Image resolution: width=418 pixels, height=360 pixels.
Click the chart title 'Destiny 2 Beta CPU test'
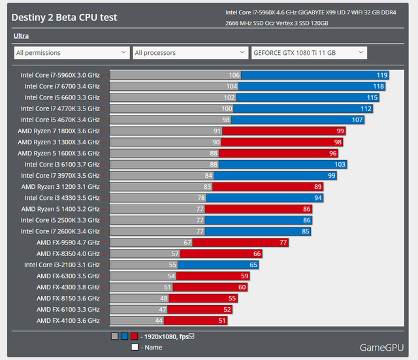(64, 18)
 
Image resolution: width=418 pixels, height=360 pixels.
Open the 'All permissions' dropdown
(72, 53)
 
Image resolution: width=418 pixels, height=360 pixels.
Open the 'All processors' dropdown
(190, 53)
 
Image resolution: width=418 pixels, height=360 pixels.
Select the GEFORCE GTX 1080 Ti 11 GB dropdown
(309, 53)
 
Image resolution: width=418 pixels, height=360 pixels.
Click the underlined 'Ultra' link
(21, 36)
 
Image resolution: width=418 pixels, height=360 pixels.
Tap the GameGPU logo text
(381, 348)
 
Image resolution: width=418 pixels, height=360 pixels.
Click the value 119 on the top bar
(382, 75)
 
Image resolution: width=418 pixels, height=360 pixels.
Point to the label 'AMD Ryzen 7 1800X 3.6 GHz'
(59, 131)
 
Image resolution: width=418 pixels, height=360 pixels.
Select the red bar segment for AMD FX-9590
(240, 242)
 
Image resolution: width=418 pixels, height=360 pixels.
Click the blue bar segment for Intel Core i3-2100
(218, 265)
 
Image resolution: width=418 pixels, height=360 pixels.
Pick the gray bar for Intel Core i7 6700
(174, 86)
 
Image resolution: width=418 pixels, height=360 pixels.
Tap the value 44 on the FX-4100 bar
(159, 321)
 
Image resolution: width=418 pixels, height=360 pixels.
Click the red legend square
(135, 336)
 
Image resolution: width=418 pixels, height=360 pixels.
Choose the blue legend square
(125, 336)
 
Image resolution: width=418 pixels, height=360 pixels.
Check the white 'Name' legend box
(135, 347)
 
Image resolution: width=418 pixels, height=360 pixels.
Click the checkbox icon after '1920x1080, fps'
(191, 336)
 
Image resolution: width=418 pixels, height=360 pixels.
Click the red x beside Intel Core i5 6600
(104, 97)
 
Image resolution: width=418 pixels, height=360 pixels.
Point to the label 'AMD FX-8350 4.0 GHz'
(68, 254)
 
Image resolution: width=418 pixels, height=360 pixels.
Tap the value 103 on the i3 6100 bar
(340, 165)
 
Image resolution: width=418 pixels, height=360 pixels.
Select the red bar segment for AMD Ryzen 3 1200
(268, 187)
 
